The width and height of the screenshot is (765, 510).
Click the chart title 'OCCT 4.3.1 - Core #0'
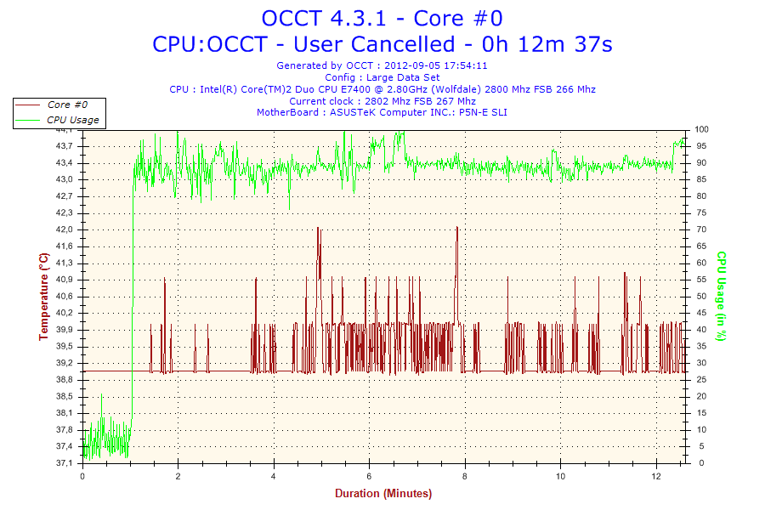click(382, 18)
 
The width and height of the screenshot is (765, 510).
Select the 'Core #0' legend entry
click(65, 105)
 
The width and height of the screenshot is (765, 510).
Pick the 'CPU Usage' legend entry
click(72, 120)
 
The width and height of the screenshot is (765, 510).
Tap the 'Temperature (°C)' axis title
click(43, 296)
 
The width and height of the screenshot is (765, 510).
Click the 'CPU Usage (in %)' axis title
click(721, 296)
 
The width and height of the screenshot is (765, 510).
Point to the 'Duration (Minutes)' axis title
click(382, 494)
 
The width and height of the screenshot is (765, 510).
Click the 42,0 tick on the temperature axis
click(65, 229)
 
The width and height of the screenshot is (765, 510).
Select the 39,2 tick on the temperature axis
click(65, 363)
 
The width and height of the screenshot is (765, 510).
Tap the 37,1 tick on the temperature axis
click(65, 463)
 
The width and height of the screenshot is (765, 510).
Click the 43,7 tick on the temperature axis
click(65, 146)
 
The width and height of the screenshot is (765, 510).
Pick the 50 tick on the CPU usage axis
click(700, 297)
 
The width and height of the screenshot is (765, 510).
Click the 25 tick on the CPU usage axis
click(700, 380)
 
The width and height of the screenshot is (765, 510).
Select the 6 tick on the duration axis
click(369, 476)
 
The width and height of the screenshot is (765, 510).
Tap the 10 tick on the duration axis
click(560, 476)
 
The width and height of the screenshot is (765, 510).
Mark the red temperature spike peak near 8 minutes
click(457, 228)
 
